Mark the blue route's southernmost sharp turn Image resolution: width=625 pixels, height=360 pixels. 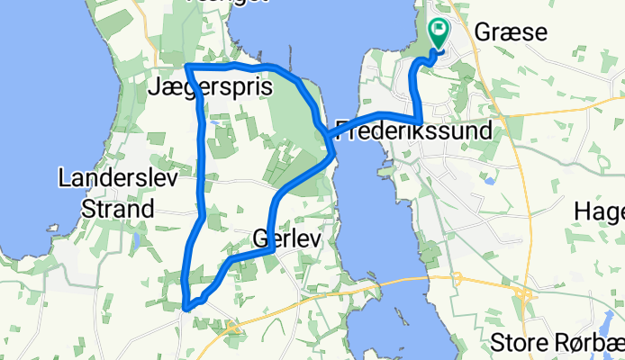186,307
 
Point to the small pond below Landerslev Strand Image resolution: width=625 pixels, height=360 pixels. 135,240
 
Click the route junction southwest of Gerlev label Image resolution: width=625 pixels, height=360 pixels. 232,259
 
